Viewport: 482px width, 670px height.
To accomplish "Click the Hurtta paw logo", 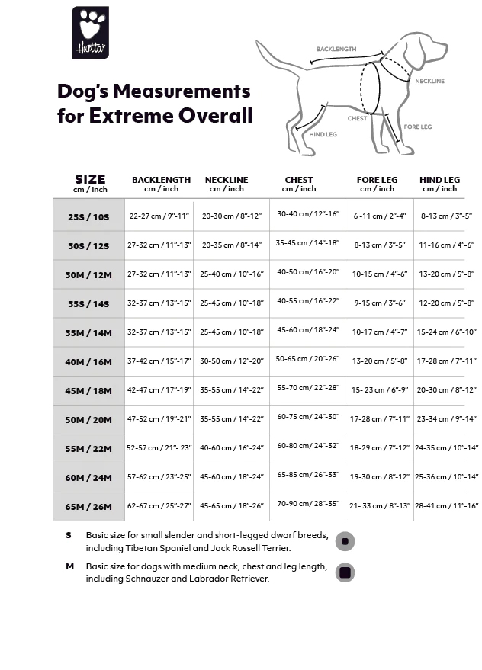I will (x=90, y=32).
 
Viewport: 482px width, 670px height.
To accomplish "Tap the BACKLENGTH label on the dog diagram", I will (x=336, y=50).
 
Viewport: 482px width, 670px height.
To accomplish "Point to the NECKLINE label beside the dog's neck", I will (x=429, y=81).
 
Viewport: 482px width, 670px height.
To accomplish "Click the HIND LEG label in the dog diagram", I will (x=323, y=135).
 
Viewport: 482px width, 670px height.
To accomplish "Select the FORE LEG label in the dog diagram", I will (x=417, y=127).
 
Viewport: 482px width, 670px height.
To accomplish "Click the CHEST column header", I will (x=298, y=181).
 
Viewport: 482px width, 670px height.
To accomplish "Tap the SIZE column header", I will (x=90, y=180).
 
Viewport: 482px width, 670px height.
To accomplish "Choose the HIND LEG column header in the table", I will (x=439, y=181).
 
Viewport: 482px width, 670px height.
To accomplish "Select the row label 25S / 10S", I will (x=88, y=216).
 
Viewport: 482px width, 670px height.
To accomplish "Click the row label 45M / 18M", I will (x=88, y=390).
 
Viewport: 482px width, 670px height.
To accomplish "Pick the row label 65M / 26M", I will (x=88, y=506).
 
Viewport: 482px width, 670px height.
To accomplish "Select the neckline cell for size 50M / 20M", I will (x=231, y=418).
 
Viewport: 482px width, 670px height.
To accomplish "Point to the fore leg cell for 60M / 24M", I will (x=379, y=476).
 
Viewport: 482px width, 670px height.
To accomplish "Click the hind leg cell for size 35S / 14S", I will (x=446, y=303).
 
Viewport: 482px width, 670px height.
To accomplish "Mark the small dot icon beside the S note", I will (x=345, y=541).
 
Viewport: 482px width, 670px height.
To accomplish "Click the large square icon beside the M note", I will (x=345, y=572).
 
